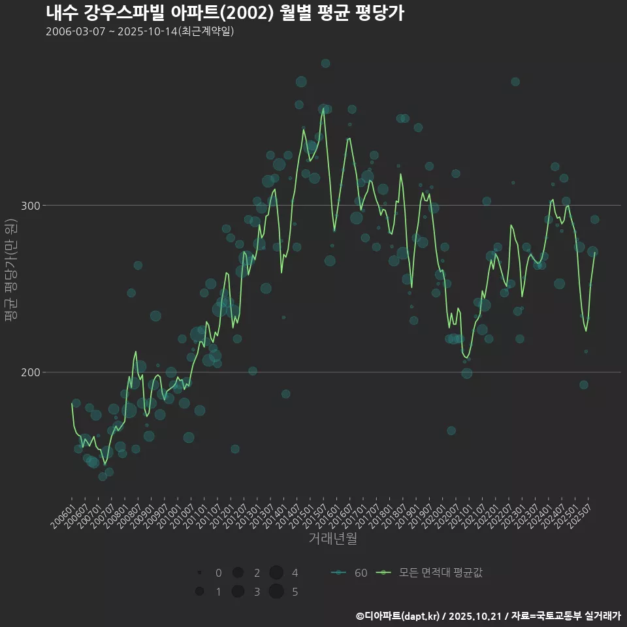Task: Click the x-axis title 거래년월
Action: [x=332, y=539]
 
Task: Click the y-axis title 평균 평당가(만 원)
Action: [x=11, y=271]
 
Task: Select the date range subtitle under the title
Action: [x=140, y=31]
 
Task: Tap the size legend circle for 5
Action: [x=276, y=592]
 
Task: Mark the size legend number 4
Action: [x=295, y=573]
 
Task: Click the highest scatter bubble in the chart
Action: [x=325, y=63]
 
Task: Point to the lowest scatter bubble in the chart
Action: [x=103, y=476]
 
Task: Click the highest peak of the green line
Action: [x=323, y=109]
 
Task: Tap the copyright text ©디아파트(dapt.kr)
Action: [x=398, y=616]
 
